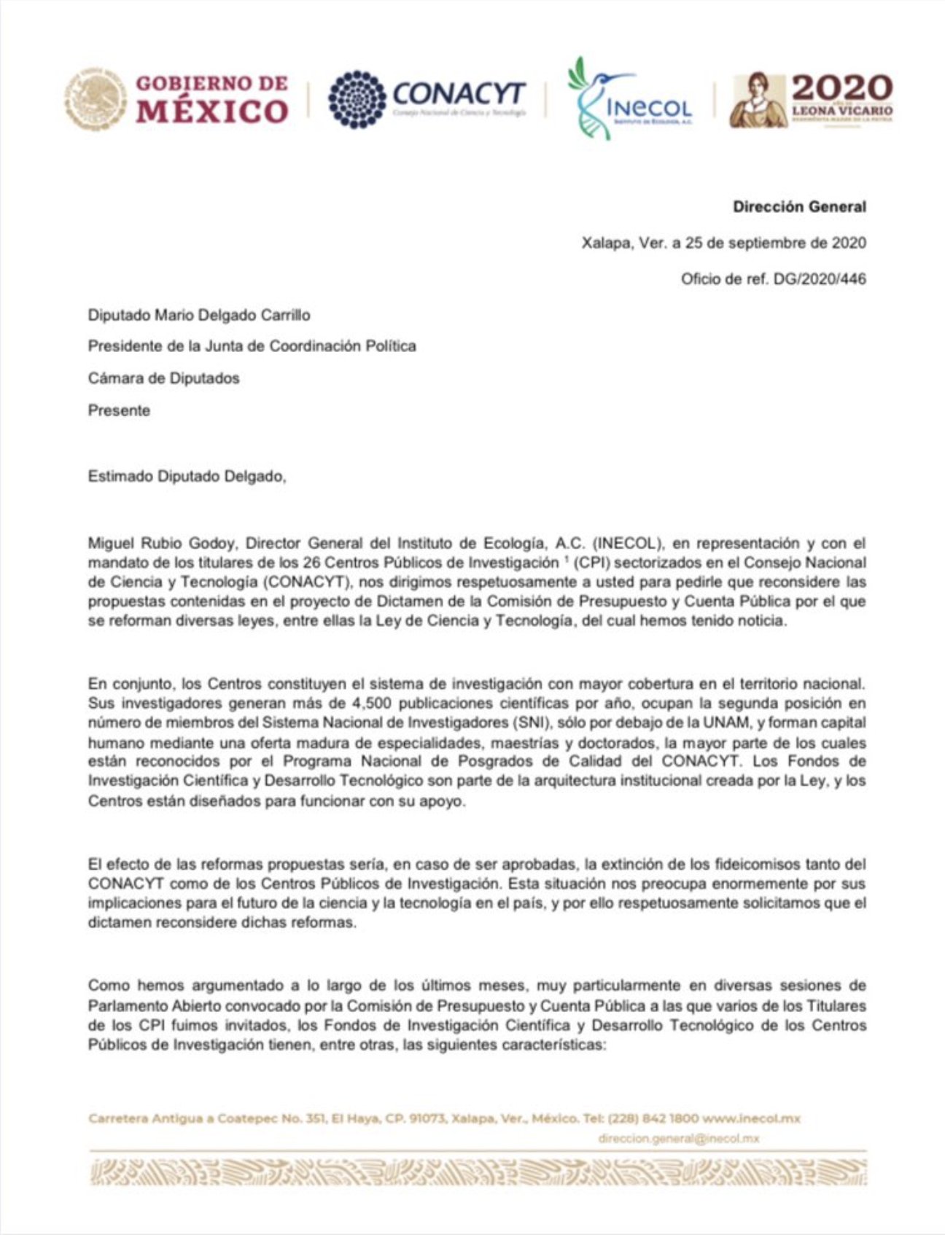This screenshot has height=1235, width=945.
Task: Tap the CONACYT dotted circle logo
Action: pos(357,99)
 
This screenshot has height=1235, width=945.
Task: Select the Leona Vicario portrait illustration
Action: pos(758,101)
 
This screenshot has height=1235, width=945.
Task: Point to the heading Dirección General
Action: pos(799,206)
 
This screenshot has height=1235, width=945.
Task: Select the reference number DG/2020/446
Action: pos(819,278)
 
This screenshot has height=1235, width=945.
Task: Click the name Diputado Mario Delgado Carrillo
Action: pos(199,315)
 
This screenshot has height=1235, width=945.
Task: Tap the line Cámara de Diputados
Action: pos(163,378)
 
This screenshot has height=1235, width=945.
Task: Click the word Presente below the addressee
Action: pos(119,410)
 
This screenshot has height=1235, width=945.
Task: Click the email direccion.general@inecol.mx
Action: pos(678,1138)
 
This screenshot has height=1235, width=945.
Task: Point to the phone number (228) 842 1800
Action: pos(653,1118)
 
